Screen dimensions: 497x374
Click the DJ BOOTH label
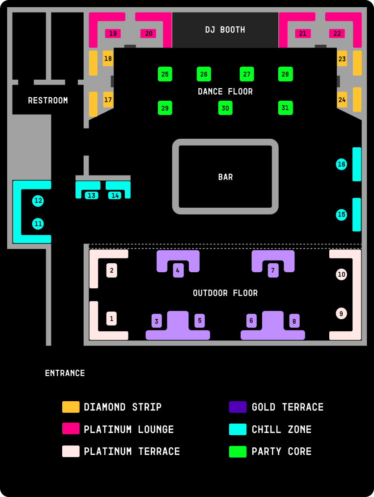[x=225, y=30]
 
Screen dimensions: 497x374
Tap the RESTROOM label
[x=48, y=101]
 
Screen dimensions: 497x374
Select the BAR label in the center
[x=225, y=177]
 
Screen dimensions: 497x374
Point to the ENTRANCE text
[x=65, y=373]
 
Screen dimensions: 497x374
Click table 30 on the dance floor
[x=225, y=108]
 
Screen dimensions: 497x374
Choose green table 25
[x=165, y=74]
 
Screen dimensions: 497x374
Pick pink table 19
[x=113, y=34]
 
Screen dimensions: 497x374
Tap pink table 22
[x=337, y=34]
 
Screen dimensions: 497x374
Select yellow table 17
[x=108, y=100]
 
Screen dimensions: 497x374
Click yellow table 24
[x=342, y=100]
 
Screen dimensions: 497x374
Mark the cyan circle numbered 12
[x=38, y=201]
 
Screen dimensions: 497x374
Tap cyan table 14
[x=115, y=195]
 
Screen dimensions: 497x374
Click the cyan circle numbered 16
[x=341, y=164]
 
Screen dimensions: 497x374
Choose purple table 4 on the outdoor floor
[x=178, y=270]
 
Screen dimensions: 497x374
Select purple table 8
[x=294, y=321]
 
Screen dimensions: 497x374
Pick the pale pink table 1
[x=111, y=318]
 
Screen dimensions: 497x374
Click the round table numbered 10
[x=341, y=274]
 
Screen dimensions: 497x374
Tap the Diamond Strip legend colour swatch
[x=71, y=407]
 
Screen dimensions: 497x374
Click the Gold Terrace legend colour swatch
[x=238, y=407]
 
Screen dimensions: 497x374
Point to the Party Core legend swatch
[x=238, y=451]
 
